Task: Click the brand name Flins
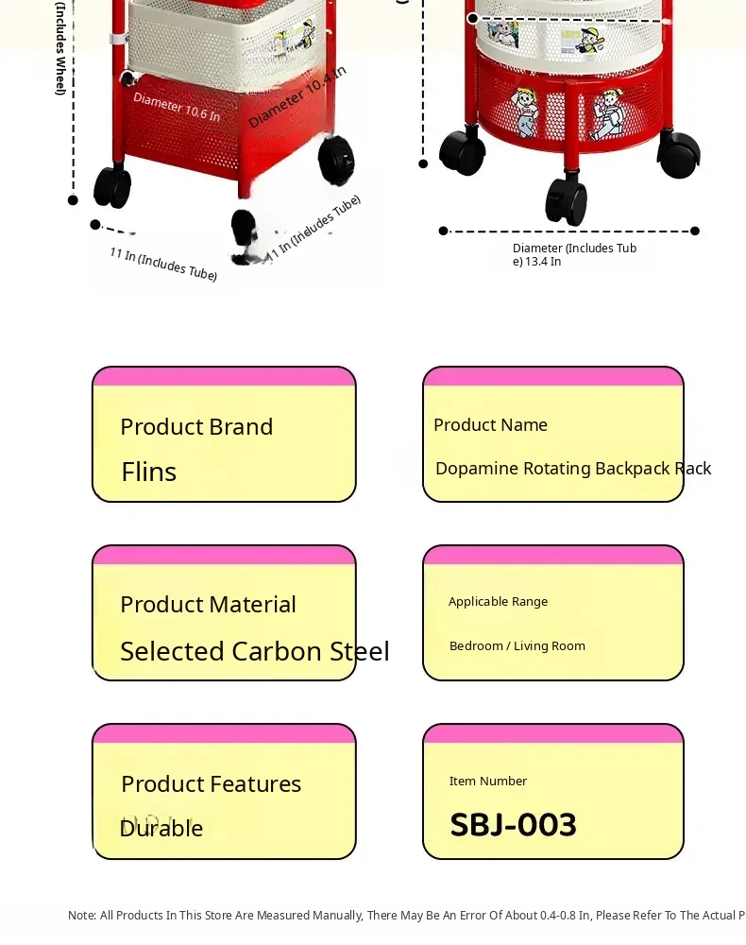click(149, 472)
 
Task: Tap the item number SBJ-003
click(513, 825)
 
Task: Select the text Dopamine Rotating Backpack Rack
click(572, 469)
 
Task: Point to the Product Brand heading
click(196, 427)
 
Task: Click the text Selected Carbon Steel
click(254, 651)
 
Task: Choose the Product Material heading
click(208, 605)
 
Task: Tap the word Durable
click(161, 829)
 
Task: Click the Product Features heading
click(211, 784)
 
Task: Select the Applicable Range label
click(498, 602)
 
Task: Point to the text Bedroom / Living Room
click(517, 646)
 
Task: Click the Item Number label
click(487, 782)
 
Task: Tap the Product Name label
click(490, 425)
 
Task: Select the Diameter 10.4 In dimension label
click(297, 96)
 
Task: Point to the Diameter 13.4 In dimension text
click(574, 254)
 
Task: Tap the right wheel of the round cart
click(680, 154)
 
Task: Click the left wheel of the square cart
click(112, 186)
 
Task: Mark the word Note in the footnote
click(81, 916)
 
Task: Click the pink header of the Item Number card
click(552, 733)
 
